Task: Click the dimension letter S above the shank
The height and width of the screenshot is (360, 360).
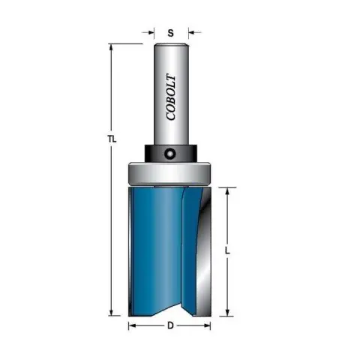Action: tap(170, 33)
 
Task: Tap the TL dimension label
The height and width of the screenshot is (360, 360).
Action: tap(112, 139)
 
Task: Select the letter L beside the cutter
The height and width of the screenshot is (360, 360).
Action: tap(227, 250)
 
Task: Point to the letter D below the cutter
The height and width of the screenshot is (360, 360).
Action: tap(170, 325)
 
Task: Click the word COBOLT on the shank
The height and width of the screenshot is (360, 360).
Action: tap(171, 97)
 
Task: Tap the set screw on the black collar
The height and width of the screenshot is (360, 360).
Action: tap(169, 153)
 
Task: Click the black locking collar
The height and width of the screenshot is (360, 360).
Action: tap(170, 153)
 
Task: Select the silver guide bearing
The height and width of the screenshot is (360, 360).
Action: tap(169, 174)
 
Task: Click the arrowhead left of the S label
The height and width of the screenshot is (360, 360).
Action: tap(151, 32)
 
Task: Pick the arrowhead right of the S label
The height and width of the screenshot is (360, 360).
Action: tap(191, 32)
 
